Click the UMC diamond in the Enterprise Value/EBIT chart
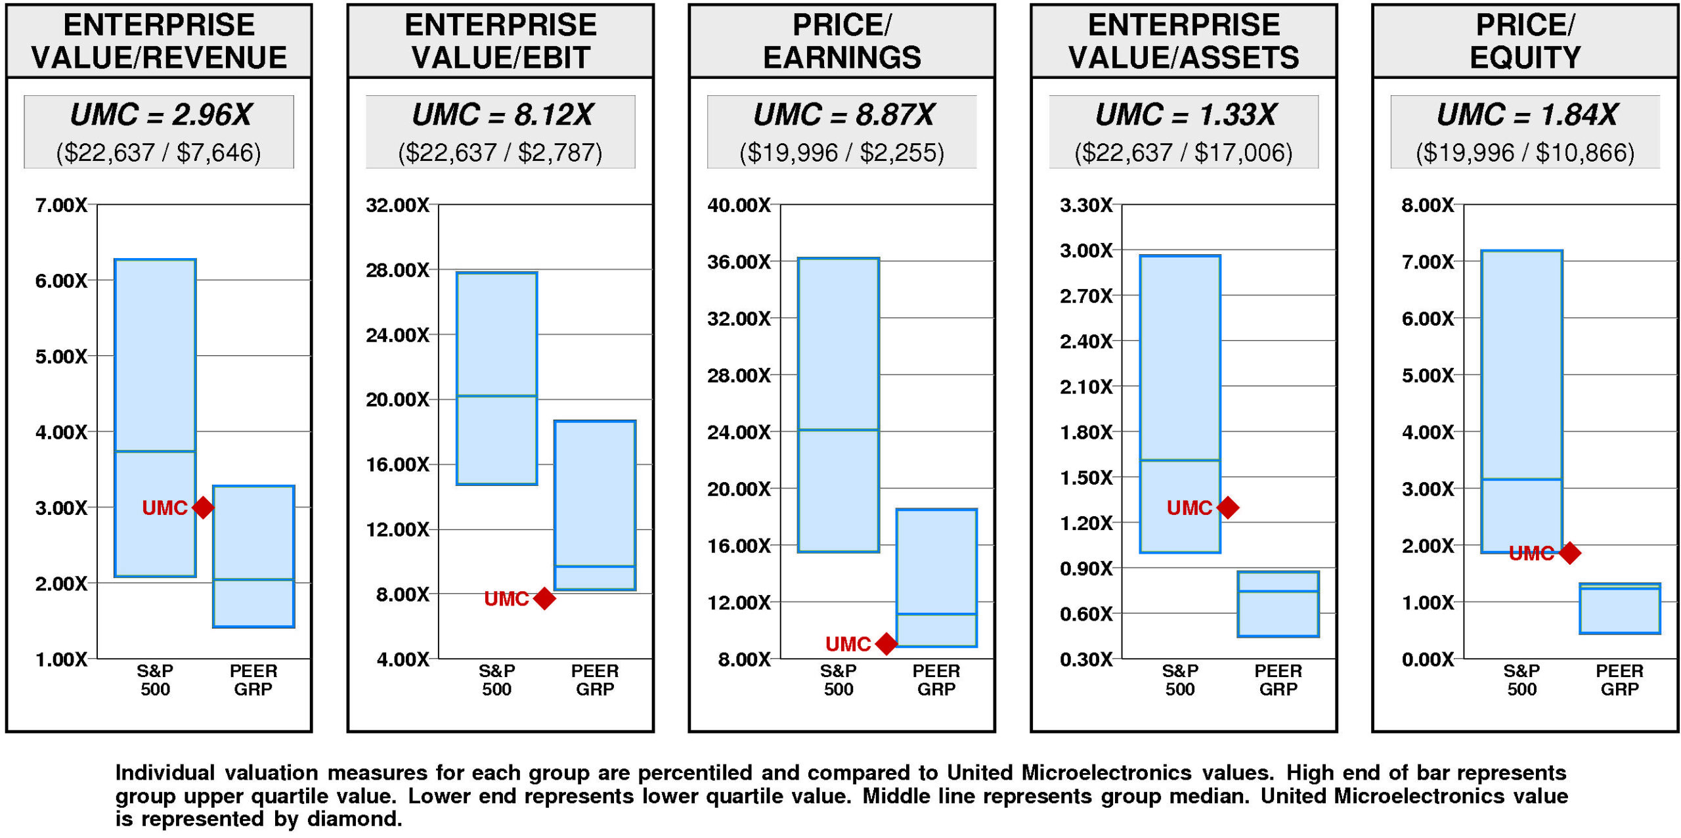[544, 598]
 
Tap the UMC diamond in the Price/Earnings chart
[886, 644]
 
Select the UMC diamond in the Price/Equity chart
[1569, 553]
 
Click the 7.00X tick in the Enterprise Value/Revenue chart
[61, 206]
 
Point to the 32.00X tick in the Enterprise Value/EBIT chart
[397, 206]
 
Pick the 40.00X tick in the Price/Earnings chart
[739, 206]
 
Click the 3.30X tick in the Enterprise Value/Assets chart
[1086, 206]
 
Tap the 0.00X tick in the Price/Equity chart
[1428, 659]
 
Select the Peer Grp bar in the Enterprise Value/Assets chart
[1278, 604]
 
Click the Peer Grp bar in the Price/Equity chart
[1619, 609]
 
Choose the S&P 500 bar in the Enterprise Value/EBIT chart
[497, 378]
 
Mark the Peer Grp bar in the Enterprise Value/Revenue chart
[253, 556]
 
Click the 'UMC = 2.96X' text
[161, 115]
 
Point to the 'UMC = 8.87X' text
[844, 115]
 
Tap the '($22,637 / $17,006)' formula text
[1183, 153]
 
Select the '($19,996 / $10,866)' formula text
[1525, 153]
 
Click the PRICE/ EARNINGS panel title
[842, 41]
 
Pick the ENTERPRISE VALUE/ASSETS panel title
[1183, 41]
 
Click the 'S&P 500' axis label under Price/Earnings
[839, 680]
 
